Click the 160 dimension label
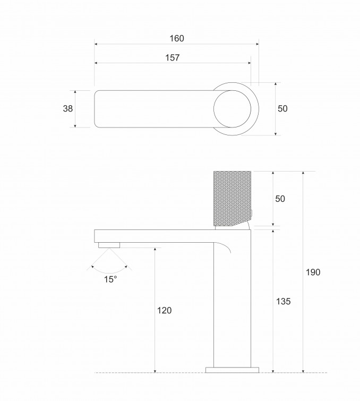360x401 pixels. [x=176, y=38]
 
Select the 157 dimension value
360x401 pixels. [x=172, y=58]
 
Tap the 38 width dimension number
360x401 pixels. [x=68, y=108]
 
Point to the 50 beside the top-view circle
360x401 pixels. [x=282, y=108]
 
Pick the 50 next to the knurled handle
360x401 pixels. [x=280, y=199]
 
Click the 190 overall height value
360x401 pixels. [x=313, y=272]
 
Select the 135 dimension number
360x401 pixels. [x=284, y=301]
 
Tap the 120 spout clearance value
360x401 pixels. [x=165, y=310]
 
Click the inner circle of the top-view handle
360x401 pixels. [x=233, y=109]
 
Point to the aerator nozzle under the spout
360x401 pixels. [x=110, y=245]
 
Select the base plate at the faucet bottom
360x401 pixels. [x=232, y=369]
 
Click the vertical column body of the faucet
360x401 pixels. [x=232, y=308]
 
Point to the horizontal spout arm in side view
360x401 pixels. [x=154, y=236]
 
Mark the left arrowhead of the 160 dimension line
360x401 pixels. [x=97, y=45]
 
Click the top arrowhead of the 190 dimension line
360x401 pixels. [x=303, y=174]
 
